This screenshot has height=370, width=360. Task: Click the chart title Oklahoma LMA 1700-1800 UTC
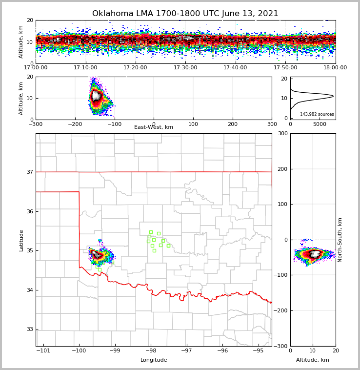[185, 14]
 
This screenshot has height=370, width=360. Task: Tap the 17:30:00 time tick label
[185, 68]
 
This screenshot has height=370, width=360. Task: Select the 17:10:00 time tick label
[85, 68]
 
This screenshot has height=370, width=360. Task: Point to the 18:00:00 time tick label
[335, 68]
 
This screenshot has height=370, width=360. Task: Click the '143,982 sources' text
[317, 114]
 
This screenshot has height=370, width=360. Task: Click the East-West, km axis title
[154, 127]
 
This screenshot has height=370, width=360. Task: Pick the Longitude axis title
[154, 360]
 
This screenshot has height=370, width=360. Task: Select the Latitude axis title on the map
[21, 240]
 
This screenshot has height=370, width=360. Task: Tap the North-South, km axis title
[340, 240]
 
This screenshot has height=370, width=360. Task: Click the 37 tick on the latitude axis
[29, 172]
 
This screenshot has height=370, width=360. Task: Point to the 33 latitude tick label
[29, 329]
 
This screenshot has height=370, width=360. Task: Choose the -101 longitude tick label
[43, 350]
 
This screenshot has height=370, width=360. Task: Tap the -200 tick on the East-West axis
[74, 124]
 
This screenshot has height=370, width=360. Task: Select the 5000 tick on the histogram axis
[320, 124]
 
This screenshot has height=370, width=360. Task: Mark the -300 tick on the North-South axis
[282, 346]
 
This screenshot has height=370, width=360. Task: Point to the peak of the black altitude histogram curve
[333, 96]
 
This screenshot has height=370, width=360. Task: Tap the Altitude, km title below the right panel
[313, 360]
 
